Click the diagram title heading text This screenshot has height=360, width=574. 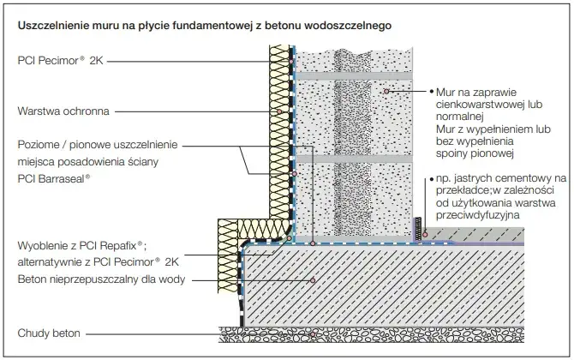pos(204,26)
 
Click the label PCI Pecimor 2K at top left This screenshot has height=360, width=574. pos(61,60)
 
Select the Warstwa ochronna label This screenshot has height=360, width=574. pos(63,111)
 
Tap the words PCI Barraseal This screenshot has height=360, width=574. pos(54,179)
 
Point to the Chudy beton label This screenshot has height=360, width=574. pos(49,333)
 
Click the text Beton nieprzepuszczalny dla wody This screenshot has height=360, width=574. pos(101,279)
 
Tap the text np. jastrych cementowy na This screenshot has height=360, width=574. pos(501,178)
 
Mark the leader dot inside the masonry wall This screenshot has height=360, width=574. pos(386,91)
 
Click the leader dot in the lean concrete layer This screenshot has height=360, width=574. pos(313,334)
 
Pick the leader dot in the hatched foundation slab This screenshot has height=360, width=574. pos(313,280)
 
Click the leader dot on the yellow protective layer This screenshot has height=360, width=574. pos(279,111)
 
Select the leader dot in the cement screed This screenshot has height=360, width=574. pos(425,234)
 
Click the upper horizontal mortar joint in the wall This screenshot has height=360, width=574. pos(354,75)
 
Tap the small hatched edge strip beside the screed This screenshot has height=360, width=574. pos(418,229)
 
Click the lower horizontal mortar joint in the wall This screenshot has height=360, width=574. pos(354,159)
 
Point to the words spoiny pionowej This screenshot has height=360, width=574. pos(475,153)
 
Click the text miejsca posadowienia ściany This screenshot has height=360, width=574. pos(88,161)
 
